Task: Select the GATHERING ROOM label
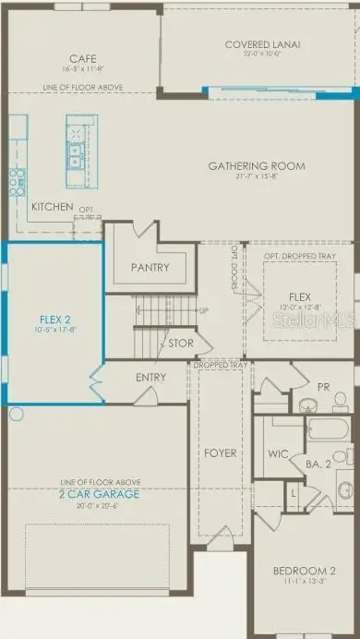click(256, 166)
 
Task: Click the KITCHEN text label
click(52, 207)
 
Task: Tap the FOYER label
click(221, 453)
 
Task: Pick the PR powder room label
click(323, 387)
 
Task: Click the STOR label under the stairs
click(180, 344)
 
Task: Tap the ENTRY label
click(150, 378)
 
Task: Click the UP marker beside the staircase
click(203, 310)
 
